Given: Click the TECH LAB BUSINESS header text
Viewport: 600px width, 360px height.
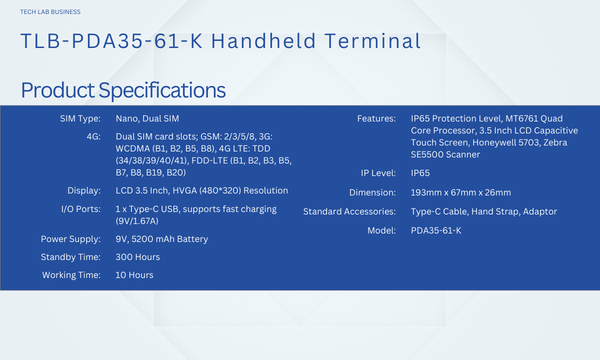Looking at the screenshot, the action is click(50, 12).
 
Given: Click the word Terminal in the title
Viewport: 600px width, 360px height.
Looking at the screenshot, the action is click(372, 41).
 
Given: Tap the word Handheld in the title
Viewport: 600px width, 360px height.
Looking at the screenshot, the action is click(263, 41).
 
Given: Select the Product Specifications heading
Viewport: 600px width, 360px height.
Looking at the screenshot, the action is click(123, 90).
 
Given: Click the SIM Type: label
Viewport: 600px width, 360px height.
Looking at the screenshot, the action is click(80, 118).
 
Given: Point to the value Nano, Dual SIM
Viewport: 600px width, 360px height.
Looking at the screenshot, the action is click(147, 118).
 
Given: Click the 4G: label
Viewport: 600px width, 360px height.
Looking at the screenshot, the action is click(93, 136).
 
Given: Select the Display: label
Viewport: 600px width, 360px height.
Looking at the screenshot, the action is click(84, 190).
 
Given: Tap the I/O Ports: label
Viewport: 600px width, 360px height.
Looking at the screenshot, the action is click(81, 209).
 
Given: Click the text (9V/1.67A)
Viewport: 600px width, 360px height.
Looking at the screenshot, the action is click(137, 221).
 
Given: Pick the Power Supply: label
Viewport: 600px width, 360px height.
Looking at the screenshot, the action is click(70, 239).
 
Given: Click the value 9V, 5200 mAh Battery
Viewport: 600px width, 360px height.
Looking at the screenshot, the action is click(162, 239).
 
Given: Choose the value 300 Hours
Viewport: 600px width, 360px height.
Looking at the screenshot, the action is click(137, 257).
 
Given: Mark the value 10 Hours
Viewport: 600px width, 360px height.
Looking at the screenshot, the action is click(134, 275).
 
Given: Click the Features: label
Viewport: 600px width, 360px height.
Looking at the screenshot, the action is click(376, 118).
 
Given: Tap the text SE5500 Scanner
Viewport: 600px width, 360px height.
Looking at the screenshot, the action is click(445, 154).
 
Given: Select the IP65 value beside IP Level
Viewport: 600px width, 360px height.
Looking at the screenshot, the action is click(420, 173).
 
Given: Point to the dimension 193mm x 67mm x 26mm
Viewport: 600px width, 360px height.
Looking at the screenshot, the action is click(460, 192).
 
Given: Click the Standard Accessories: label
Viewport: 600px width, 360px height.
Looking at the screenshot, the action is click(349, 211).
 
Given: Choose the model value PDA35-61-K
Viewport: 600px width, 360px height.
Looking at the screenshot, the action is click(436, 230).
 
